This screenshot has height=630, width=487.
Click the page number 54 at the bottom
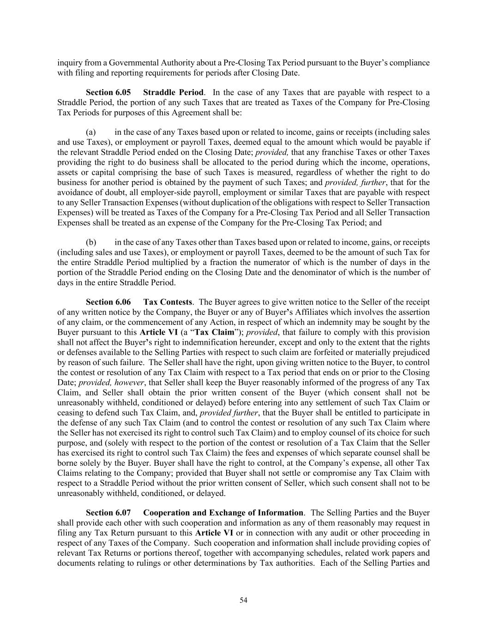click(243, 600)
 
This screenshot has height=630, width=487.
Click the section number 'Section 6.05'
click(105, 92)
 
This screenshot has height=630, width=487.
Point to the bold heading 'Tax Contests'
click(168, 302)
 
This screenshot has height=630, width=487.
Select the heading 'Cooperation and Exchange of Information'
click(223, 513)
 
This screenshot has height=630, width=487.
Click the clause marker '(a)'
click(91, 132)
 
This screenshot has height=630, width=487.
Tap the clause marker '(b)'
click(91, 242)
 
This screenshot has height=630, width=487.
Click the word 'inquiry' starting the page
click(68, 63)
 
